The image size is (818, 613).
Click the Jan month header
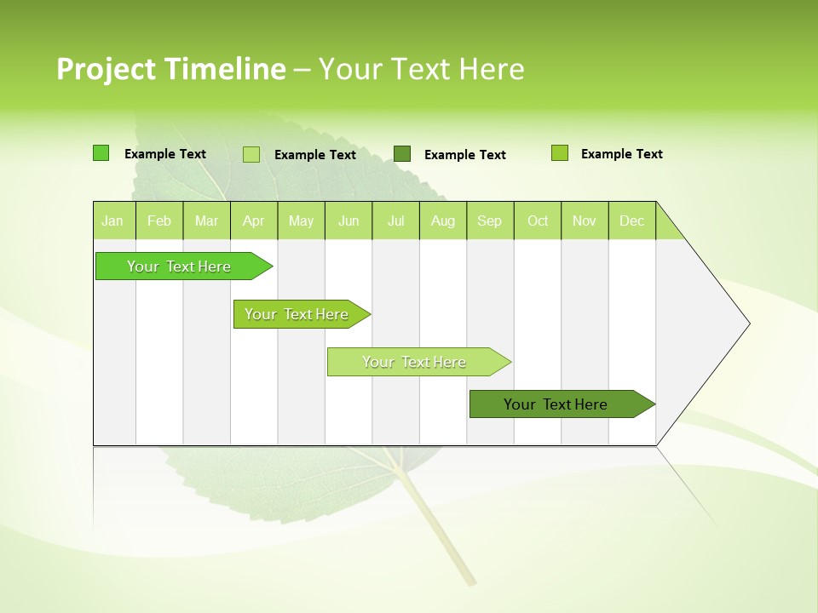click(112, 221)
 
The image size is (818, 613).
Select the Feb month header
click(159, 221)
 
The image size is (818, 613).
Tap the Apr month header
click(253, 221)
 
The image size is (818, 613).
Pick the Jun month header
click(349, 221)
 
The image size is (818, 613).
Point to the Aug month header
click(442, 221)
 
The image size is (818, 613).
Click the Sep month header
click(489, 221)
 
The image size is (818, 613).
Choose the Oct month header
click(538, 221)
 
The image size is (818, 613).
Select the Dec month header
click(631, 221)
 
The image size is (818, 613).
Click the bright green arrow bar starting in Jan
click(179, 266)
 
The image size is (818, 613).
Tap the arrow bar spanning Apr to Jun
click(297, 314)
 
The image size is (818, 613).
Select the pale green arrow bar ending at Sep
click(414, 362)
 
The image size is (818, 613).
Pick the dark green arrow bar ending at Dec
click(556, 404)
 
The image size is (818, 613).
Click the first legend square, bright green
click(101, 153)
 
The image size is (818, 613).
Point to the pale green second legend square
click(251, 154)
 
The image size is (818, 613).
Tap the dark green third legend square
click(402, 153)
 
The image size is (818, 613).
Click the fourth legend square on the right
click(559, 153)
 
